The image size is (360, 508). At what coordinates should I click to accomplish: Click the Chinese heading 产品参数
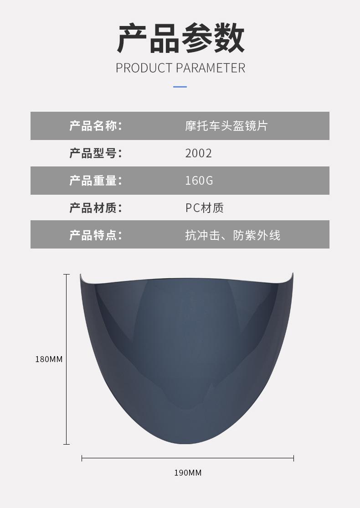[x=180, y=39]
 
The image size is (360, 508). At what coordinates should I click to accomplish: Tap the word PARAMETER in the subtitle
[x=211, y=68]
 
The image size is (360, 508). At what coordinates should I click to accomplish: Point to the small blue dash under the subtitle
[x=180, y=87]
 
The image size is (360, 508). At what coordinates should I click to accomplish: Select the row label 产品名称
[x=95, y=126]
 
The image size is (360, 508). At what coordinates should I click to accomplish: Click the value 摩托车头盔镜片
[x=226, y=126]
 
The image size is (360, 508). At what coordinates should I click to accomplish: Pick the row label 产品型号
[x=95, y=153]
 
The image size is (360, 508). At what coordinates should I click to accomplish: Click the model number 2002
[x=199, y=153]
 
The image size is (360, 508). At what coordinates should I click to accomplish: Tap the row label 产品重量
[x=95, y=181]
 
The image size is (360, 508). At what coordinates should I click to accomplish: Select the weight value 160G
[x=199, y=181]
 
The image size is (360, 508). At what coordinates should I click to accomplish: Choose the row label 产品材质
[x=95, y=208]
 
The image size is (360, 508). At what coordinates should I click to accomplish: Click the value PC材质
[x=205, y=208]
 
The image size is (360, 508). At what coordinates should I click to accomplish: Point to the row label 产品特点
[x=95, y=235]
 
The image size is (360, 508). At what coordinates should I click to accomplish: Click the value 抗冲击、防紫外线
[x=232, y=235]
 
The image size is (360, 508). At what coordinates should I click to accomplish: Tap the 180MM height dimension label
[x=49, y=359]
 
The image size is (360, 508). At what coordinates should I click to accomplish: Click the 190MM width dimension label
[x=188, y=472]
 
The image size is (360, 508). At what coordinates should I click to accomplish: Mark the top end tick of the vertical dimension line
[x=67, y=275]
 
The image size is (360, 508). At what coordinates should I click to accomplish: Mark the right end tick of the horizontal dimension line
[x=293, y=458]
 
